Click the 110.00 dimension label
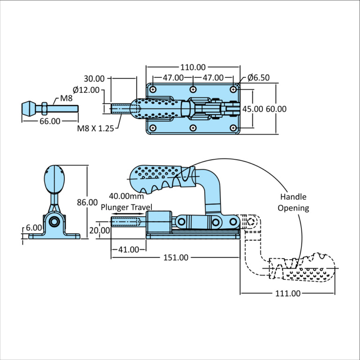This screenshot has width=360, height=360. click(193, 67)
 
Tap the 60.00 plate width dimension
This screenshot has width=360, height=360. click(276, 109)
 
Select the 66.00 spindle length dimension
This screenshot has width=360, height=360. click(49, 121)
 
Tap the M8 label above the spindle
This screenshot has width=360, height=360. click(65, 98)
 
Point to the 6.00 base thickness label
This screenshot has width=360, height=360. click(34, 227)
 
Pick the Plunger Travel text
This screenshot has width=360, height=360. click(127, 206)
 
